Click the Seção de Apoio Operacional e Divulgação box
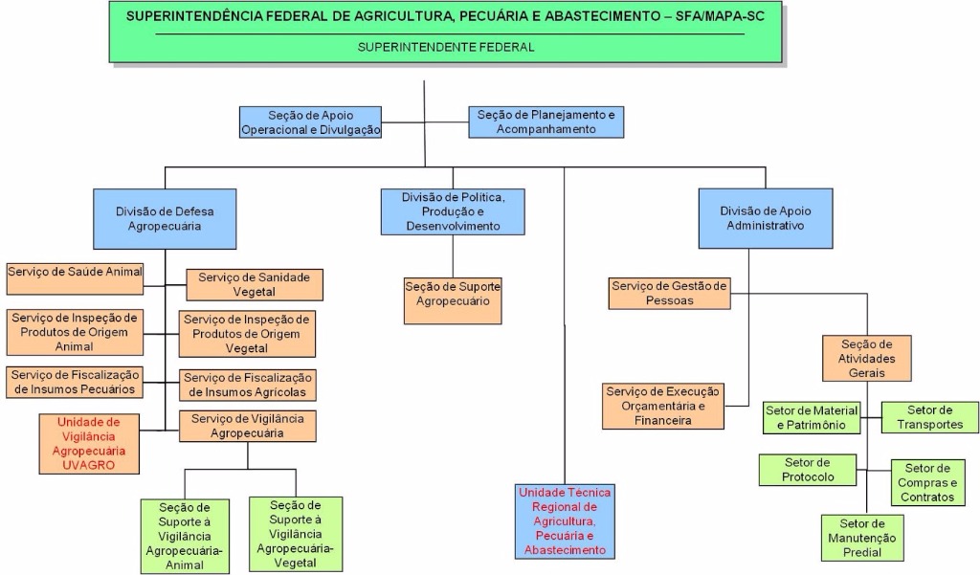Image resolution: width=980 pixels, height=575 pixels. click(x=310, y=122)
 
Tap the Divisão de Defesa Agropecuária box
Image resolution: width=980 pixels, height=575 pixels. click(x=165, y=218)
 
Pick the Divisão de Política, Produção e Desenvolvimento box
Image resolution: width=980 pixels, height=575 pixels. click(x=453, y=211)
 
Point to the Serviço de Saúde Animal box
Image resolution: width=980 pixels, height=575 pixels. click(x=76, y=272)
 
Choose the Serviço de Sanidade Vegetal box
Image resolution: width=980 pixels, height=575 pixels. click(x=254, y=284)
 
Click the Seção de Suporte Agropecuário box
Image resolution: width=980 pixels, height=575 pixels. click(x=453, y=294)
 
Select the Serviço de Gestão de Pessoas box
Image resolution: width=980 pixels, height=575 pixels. click(x=669, y=293)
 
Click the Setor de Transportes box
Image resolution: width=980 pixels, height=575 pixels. click(x=930, y=417)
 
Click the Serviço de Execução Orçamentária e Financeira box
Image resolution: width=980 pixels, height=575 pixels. click(x=663, y=406)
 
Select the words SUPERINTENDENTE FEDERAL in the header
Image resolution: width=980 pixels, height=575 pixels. click(x=446, y=47)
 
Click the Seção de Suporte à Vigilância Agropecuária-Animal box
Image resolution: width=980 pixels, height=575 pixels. click(x=185, y=535)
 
